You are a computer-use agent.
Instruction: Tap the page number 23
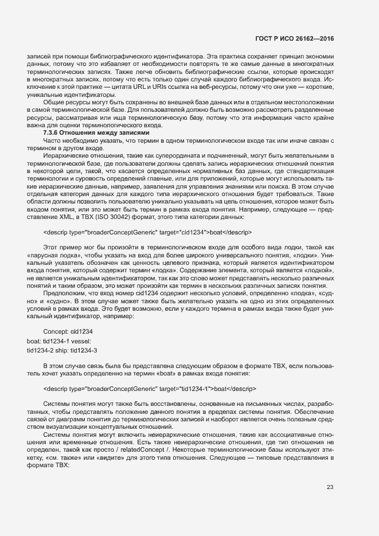point(330,488)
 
